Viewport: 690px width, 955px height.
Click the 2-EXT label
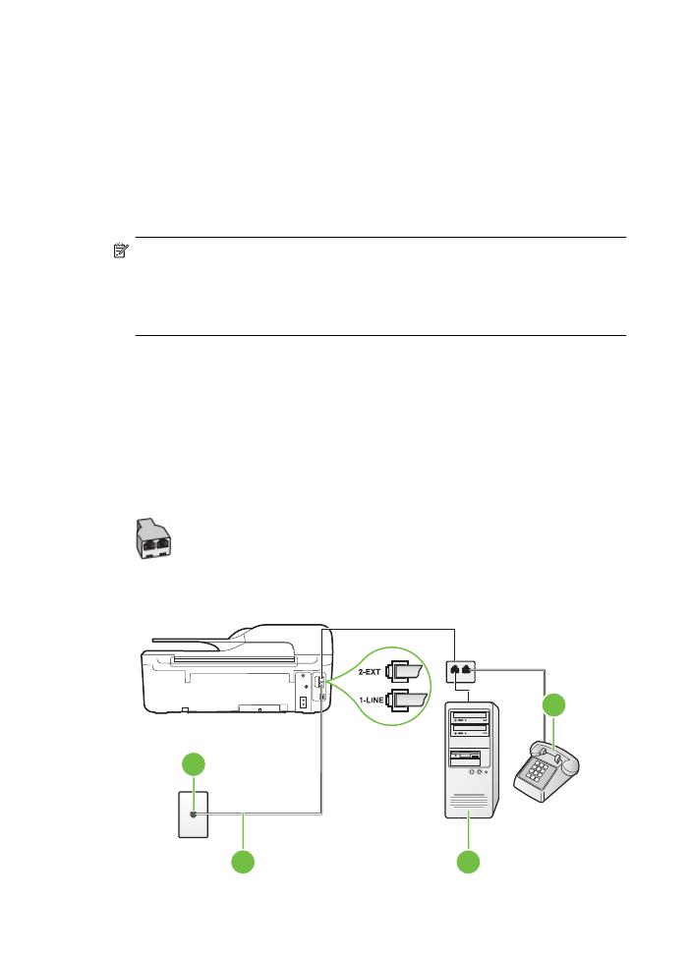(x=370, y=672)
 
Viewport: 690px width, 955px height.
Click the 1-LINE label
(x=372, y=701)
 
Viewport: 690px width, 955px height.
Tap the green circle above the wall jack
(x=194, y=764)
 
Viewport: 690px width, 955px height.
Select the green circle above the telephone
(x=554, y=704)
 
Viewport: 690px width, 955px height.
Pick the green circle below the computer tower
(x=468, y=863)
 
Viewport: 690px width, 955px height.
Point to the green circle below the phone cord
(x=243, y=863)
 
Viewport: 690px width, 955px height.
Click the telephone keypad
(x=536, y=771)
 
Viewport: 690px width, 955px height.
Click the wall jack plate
(x=194, y=815)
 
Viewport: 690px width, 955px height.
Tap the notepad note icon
(x=121, y=251)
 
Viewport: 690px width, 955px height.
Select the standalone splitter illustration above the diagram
(x=153, y=539)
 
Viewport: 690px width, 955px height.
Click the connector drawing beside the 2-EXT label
(x=404, y=671)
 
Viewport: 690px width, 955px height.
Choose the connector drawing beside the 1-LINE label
(x=406, y=701)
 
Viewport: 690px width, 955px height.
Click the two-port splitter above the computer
(x=461, y=671)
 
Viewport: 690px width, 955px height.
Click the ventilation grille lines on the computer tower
(x=469, y=801)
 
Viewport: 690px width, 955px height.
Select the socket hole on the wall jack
(x=194, y=815)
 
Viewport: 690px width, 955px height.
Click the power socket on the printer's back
(x=303, y=702)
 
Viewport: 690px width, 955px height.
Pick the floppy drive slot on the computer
(x=466, y=758)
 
